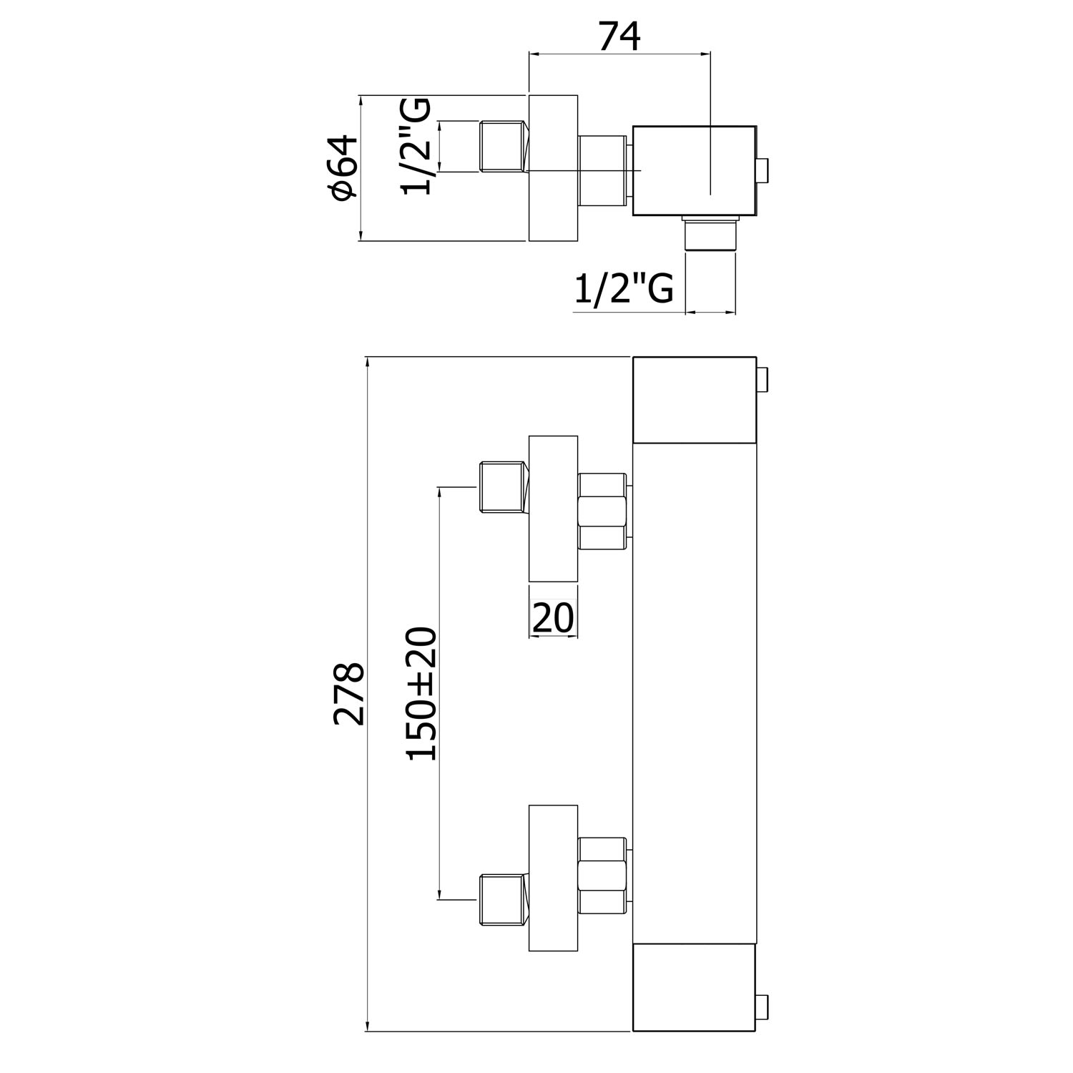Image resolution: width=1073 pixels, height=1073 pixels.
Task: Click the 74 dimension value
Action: pos(619,37)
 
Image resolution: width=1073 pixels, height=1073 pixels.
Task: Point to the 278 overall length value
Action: pos(350,694)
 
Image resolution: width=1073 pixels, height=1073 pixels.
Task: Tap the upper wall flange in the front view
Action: pos(553,509)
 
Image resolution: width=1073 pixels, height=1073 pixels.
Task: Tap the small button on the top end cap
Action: pos(763,381)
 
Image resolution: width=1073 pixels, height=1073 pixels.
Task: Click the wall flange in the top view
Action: pos(553,168)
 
